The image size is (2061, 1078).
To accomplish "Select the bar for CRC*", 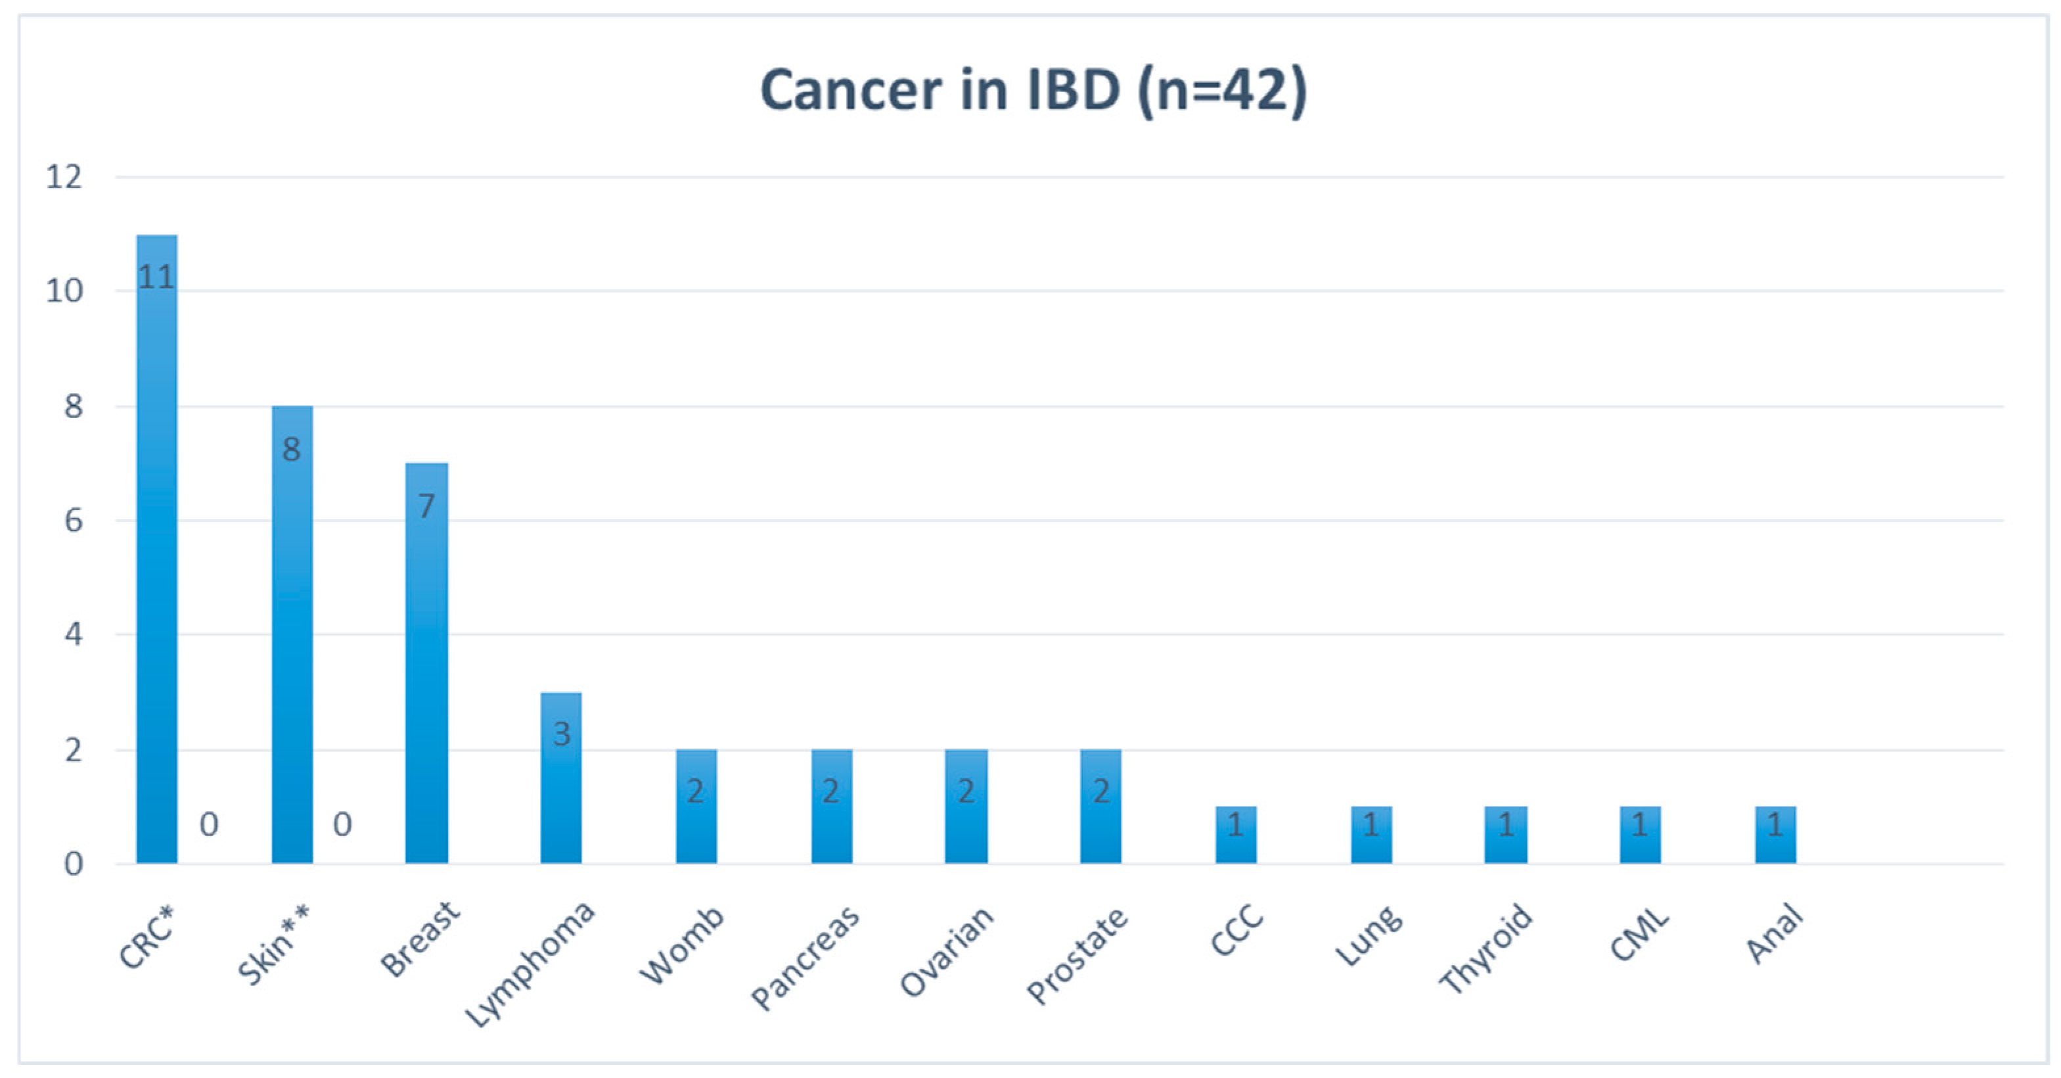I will pos(157,560).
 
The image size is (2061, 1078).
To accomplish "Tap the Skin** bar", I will pos(292,640).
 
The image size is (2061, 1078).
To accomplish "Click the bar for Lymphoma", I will pos(561,784).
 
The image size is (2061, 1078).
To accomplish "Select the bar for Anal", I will pos(1775,836).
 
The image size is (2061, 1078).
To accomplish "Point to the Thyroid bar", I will pos(1506,836).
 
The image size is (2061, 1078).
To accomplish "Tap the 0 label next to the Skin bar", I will pos(342,824).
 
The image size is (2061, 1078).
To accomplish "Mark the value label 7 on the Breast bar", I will pos(426,505).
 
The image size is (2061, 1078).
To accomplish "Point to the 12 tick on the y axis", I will pos(64,177).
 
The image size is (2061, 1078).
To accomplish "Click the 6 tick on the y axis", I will pos(73,521).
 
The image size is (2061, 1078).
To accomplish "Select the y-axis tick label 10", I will pos(64,291).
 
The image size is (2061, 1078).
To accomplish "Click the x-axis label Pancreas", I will pos(805,957).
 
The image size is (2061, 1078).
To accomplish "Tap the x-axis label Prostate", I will pos(1077,955).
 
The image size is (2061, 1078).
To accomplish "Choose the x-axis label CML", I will pos(1639,934).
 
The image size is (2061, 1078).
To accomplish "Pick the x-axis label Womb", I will pos(682,945).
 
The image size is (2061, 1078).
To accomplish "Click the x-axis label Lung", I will pos(1369,935).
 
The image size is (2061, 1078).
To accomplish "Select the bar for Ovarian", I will pos(966,808).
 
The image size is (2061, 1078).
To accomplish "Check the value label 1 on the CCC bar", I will pos(1235,824).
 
